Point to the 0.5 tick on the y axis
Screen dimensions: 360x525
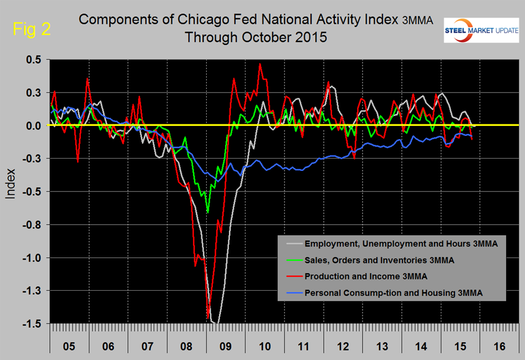[x=34, y=60]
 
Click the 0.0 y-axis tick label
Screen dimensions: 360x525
[x=34, y=126]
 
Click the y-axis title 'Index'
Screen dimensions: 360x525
[x=12, y=188]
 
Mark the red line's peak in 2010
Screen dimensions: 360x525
[x=260, y=64]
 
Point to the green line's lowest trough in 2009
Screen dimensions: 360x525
[x=208, y=212]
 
